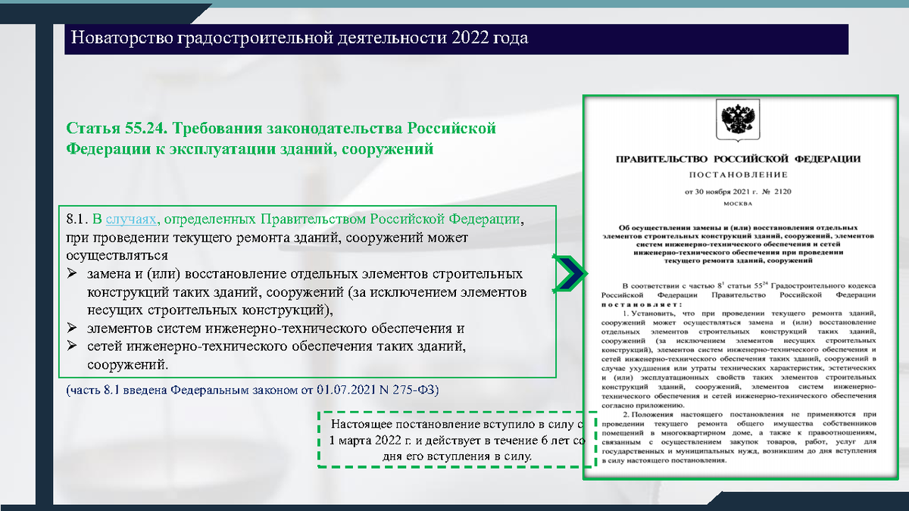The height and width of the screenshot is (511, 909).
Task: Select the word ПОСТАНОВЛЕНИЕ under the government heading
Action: tap(737, 173)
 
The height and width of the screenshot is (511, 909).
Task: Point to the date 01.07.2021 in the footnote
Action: tap(345, 390)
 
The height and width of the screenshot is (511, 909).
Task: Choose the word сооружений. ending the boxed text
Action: tap(127, 365)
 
